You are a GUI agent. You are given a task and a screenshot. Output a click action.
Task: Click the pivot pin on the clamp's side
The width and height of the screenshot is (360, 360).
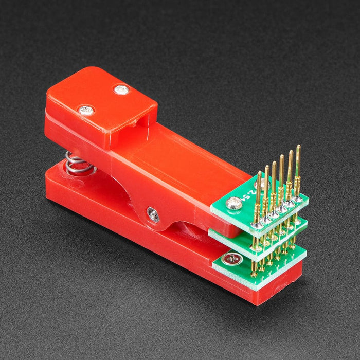[153, 214]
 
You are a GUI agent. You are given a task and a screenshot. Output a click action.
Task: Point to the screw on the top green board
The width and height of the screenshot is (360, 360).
[235, 204]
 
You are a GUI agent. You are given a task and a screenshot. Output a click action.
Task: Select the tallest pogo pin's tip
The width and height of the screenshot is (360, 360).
[298, 148]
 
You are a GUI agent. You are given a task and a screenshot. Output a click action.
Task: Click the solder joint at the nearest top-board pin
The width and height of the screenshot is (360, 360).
[255, 225]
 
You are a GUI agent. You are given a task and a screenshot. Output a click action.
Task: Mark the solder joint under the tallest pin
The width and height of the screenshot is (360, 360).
[298, 199]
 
